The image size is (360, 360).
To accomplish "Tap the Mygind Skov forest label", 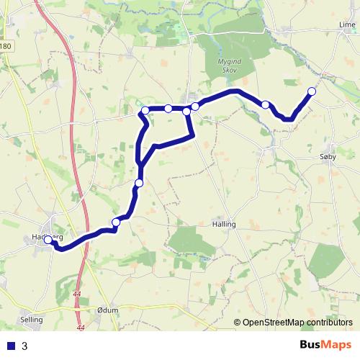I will (230, 67).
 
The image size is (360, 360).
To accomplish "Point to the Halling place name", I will (224, 224).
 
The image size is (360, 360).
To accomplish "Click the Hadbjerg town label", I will (48, 237).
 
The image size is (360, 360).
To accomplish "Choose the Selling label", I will (32, 319).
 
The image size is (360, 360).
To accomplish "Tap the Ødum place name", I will (107, 310).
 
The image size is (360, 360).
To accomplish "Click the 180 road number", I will (6, 47).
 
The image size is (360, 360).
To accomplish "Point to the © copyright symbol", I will (238, 322).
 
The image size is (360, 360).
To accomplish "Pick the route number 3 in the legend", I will (25, 346).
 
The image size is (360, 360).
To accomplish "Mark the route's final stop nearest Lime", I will (312, 91).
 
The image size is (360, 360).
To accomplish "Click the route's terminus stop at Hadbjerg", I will (49, 240).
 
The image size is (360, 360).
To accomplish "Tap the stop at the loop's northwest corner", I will (145, 110).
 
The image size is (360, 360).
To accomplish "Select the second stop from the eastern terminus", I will (266, 105).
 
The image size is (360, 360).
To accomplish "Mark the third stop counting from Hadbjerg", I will (139, 183).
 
